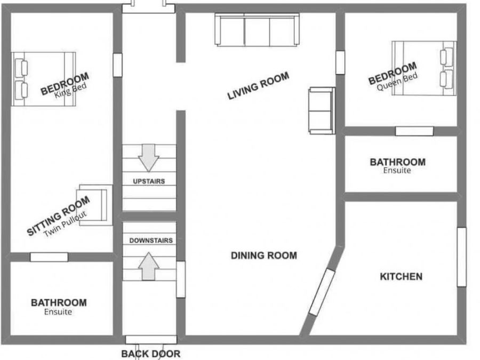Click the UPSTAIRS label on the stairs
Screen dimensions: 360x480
(x=149, y=181)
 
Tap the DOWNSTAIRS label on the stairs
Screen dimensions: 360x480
(x=151, y=241)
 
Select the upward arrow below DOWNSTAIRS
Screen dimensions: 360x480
(x=149, y=266)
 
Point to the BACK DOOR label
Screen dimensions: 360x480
(x=150, y=353)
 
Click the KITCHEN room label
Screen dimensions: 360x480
(x=401, y=276)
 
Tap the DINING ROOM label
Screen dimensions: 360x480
(x=263, y=255)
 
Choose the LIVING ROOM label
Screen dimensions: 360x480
(x=258, y=86)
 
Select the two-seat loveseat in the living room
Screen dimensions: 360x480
(x=322, y=110)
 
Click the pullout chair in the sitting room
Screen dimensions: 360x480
(x=95, y=204)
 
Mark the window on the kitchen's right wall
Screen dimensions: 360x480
(x=461, y=257)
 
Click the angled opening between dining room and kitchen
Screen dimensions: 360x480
(x=322, y=292)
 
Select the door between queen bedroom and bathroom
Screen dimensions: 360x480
(x=414, y=131)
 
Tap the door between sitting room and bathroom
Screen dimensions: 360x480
(x=49, y=257)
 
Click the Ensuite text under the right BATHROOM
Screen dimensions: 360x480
(x=397, y=171)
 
